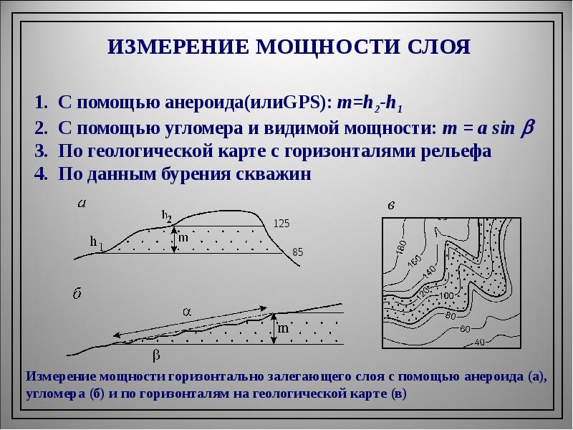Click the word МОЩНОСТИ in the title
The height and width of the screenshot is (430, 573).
coord(322,48)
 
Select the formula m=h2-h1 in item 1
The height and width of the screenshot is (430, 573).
coord(368,104)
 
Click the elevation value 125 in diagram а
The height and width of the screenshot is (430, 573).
coord(281,224)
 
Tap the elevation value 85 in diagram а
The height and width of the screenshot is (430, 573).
coord(299,252)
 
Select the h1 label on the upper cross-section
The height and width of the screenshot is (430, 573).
coord(96,243)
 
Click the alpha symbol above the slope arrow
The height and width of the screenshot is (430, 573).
coord(185,312)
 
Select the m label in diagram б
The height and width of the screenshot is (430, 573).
coord(283,329)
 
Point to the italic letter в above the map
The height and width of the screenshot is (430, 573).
coord(391,206)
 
